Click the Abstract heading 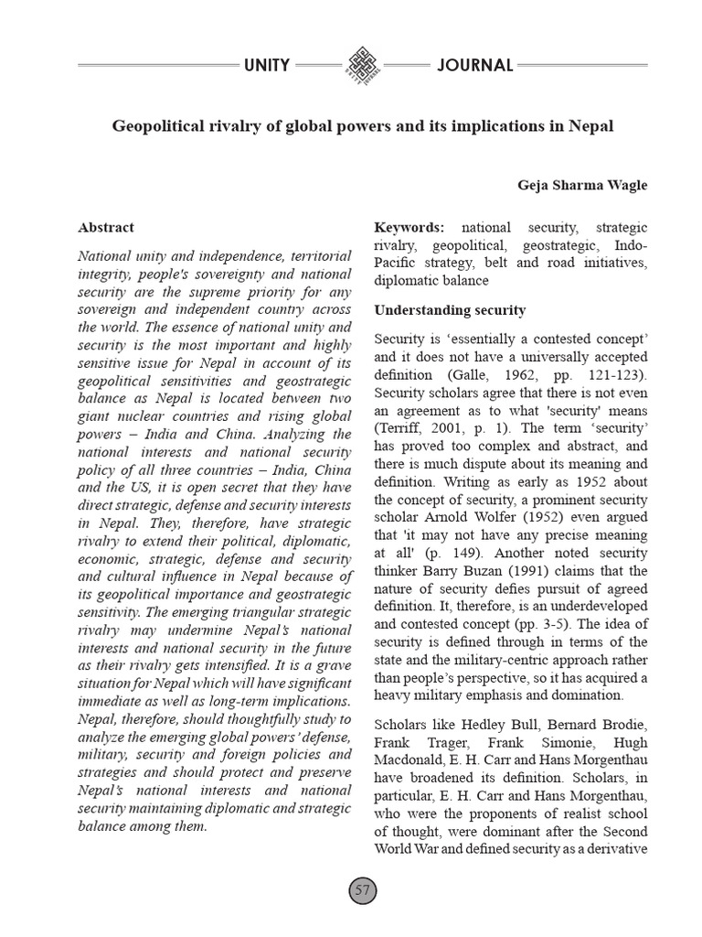click(x=106, y=227)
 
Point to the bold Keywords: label click(x=409, y=227)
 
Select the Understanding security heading click(x=450, y=310)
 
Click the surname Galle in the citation click(x=463, y=374)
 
